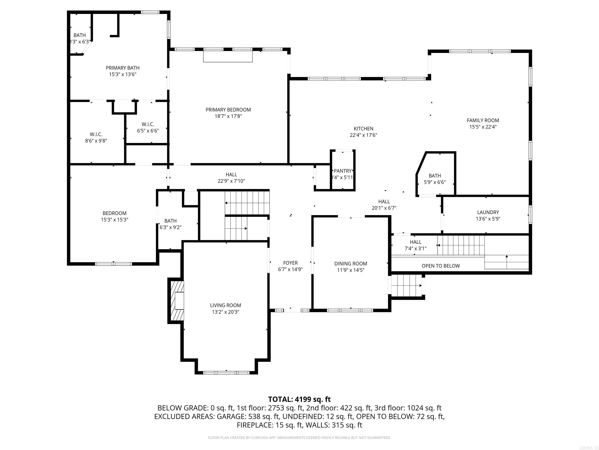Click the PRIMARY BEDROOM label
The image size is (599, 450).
click(228, 110)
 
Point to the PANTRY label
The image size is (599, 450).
click(343, 171)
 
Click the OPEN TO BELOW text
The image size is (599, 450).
click(441, 266)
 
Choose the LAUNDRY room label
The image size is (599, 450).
click(488, 212)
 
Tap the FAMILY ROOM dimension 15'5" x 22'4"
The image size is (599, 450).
click(483, 127)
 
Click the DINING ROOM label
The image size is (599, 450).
click(351, 263)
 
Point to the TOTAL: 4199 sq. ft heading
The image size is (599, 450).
click(299, 399)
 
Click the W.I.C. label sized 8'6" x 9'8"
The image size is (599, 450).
click(96, 134)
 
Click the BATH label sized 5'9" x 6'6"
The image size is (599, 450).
click(435, 176)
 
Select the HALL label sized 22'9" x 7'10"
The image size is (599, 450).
click(231, 174)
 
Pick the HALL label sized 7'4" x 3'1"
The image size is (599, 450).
click(415, 242)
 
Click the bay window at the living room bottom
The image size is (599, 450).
click(226, 373)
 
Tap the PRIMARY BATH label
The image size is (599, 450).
click(123, 68)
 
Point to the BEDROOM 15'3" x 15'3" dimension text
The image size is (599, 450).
click(114, 220)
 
